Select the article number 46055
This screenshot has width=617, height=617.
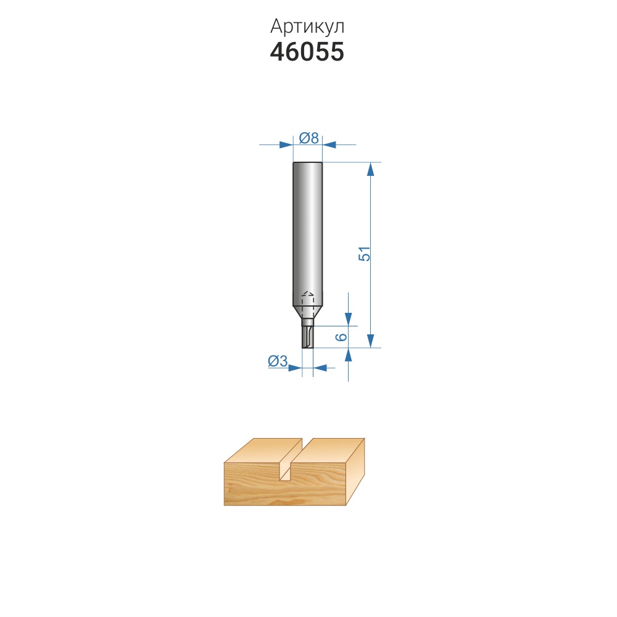point(307,52)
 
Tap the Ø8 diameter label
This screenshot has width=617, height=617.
point(309,138)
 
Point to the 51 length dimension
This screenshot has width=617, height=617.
point(365,254)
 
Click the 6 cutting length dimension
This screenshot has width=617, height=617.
point(342,337)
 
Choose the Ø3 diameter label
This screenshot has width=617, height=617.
point(278,361)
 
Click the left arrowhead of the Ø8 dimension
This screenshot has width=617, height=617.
point(286,145)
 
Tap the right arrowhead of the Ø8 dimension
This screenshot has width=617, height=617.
point(329,145)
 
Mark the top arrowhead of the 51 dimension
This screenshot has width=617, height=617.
point(370,169)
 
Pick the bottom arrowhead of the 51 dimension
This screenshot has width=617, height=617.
point(370,341)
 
